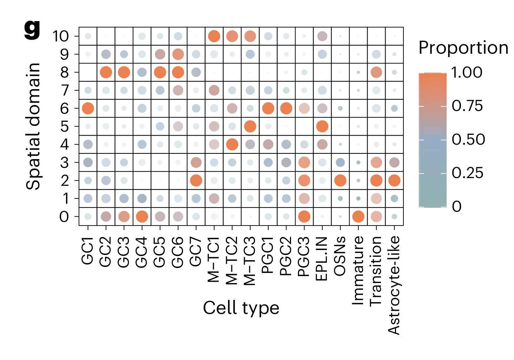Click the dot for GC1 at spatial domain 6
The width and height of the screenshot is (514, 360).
click(88, 108)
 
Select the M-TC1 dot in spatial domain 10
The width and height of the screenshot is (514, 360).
click(214, 36)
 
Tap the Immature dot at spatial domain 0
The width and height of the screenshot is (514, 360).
click(358, 217)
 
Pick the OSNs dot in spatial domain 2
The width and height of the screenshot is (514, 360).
click(340, 181)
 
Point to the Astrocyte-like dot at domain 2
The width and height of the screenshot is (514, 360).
click(394, 181)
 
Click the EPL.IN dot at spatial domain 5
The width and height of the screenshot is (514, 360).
click(322, 126)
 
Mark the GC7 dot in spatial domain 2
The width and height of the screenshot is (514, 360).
click(196, 181)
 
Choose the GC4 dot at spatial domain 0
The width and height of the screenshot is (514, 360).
click(142, 217)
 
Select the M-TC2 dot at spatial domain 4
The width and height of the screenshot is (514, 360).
click(232, 144)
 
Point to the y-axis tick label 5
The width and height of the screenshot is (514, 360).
click(64, 126)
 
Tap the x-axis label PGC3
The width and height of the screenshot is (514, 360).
click(304, 256)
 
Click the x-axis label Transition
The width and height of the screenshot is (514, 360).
click(376, 270)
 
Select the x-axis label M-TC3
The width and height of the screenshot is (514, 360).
click(250, 260)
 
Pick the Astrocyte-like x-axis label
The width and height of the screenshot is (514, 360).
click(394, 284)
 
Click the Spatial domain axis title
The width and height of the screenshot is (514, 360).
click(34, 126)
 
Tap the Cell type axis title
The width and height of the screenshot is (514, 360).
click(241, 308)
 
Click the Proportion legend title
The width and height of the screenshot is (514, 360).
click(463, 48)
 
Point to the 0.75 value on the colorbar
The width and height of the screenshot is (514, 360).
click(467, 106)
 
